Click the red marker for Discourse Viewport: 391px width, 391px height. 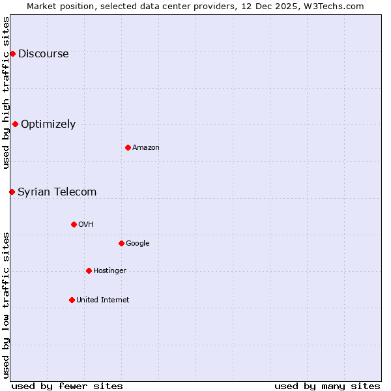12,53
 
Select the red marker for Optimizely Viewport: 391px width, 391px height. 15,124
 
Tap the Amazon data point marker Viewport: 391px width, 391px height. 128,147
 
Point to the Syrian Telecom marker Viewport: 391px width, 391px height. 12,192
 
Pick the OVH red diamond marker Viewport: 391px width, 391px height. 74,224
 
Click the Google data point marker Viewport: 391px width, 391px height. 121,243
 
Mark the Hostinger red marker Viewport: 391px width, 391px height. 89,270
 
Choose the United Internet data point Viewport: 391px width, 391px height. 72,300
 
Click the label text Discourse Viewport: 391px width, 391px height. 43,53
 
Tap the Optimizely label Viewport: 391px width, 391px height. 48,124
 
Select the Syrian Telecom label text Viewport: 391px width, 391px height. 57,192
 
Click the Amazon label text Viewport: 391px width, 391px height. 146,147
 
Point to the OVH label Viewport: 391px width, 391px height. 86,224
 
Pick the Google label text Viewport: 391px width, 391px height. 138,243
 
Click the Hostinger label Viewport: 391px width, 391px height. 109,270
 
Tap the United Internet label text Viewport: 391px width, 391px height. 102,300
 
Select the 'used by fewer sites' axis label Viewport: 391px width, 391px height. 67,386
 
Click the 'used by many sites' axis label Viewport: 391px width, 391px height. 327,386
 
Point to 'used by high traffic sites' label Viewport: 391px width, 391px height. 6,93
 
